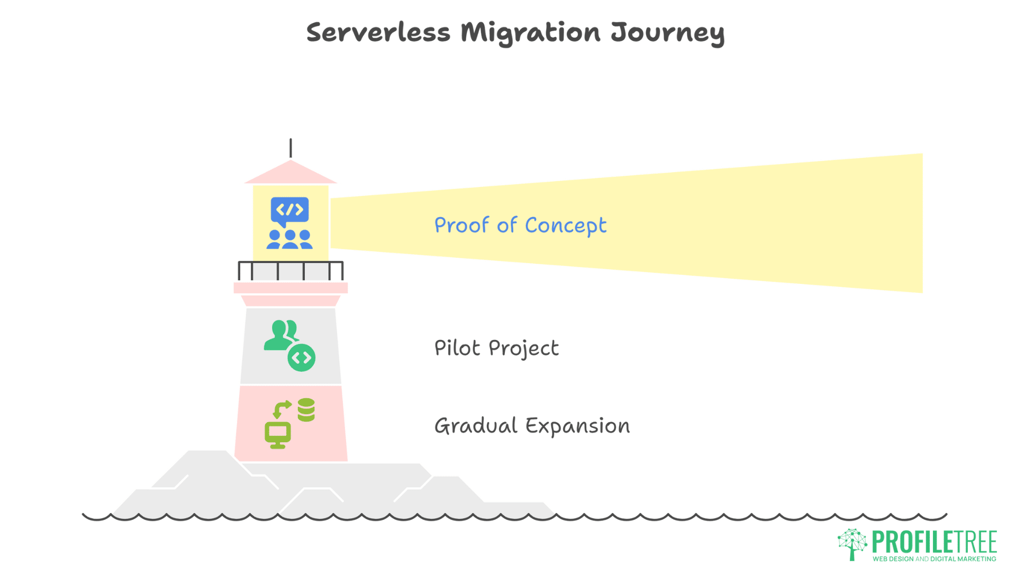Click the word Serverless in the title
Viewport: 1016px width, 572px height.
coord(378,32)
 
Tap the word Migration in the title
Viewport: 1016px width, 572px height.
coord(530,33)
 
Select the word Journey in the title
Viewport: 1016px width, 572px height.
coord(667,33)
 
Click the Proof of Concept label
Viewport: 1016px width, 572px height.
coord(520,226)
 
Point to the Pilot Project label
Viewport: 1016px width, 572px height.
coord(496,348)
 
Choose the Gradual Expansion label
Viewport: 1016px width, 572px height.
coord(532,426)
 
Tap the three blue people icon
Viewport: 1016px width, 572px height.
coord(289,239)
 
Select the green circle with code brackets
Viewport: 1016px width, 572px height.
coord(302,358)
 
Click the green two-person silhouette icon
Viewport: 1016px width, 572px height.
coord(280,335)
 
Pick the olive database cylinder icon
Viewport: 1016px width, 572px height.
coord(306,410)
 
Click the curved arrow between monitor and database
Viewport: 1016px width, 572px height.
coord(282,408)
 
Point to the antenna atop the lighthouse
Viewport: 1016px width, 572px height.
coord(291,148)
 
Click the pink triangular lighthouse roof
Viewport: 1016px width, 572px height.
coord(291,173)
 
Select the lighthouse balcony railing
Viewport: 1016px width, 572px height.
coord(291,271)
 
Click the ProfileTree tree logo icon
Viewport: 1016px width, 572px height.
coord(852,543)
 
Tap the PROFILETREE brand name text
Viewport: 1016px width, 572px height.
coord(935,542)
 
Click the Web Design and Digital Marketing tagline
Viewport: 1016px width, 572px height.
coord(935,559)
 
